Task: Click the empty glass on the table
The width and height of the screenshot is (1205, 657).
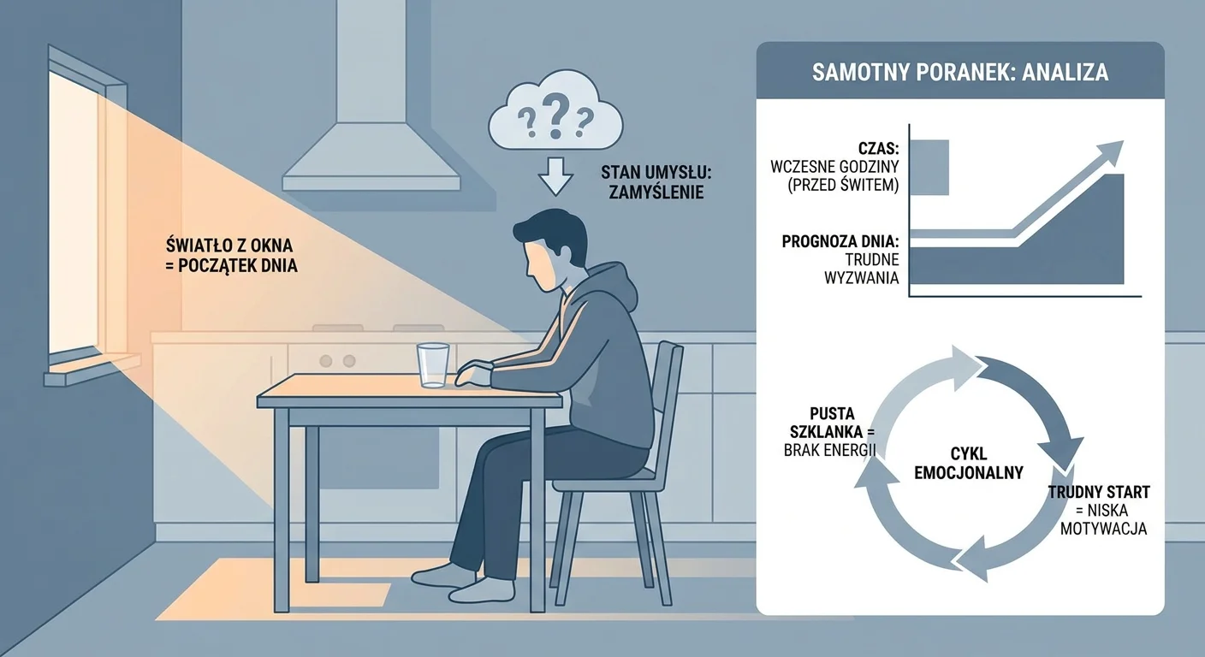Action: pos(433,365)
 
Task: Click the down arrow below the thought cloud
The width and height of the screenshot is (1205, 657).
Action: pos(555,176)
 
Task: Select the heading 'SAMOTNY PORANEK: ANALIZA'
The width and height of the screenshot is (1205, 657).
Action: pos(959,73)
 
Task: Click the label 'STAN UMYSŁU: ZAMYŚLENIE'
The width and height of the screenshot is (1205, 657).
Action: pos(656,182)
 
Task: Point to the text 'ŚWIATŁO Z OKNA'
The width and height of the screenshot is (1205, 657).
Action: pos(229,246)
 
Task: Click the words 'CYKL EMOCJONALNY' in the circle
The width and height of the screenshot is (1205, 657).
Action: pos(968,463)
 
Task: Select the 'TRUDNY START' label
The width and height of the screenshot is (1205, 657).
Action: pos(1099,492)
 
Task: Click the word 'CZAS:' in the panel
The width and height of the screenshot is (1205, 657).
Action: pos(878,148)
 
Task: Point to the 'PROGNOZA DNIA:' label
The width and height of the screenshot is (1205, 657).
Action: pos(840,241)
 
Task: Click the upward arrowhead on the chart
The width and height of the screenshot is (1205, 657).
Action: pos(1110,152)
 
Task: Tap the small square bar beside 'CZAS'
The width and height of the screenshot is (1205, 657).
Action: pos(929,167)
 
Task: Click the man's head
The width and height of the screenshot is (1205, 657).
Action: pos(549,250)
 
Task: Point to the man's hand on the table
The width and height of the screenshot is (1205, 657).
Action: pos(473,374)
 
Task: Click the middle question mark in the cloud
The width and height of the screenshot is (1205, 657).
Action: pos(555,115)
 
